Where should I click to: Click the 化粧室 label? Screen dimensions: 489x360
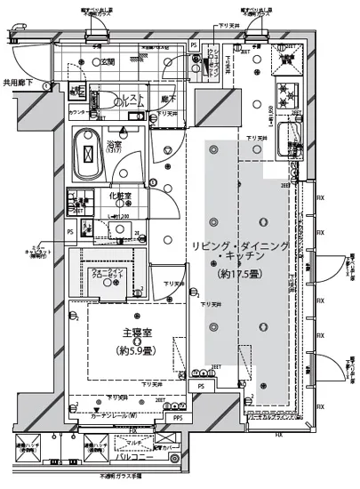(121, 196)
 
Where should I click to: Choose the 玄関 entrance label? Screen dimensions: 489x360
(107, 61)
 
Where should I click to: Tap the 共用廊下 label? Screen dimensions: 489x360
(18, 82)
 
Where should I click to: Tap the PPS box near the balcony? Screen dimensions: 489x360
(178, 417)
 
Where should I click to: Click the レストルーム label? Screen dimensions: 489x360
(133, 100)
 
